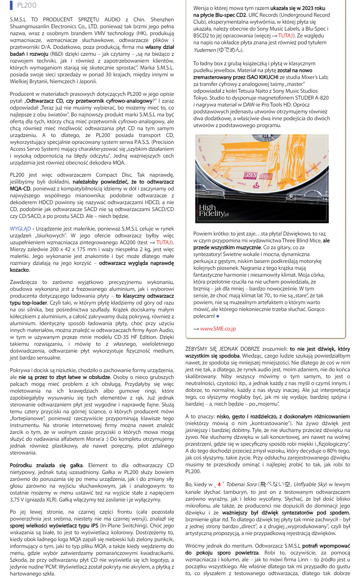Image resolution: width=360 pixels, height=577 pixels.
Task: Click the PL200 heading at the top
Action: click(x=27, y=5)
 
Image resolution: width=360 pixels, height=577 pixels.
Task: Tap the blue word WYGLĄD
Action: click(x=20, y=229)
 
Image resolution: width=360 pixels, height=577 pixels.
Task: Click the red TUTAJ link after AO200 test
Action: click(x=164, y=242)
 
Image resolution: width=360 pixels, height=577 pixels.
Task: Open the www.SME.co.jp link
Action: click(x=218, y=329)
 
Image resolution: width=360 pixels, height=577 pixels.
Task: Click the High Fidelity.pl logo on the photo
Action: click(x=214, y=211)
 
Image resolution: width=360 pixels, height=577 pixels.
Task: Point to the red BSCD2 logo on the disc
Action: click(x=250, y=175)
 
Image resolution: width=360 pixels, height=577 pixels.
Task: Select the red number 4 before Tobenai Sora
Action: click(x=219, y=484)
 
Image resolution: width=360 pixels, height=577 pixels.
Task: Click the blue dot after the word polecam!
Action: click(x=218, y=316)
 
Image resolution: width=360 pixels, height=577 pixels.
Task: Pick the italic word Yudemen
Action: click(x=204, y=50)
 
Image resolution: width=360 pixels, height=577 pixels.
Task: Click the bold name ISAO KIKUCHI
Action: click(x=263, y=77)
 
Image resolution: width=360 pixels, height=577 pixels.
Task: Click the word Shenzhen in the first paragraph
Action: click(x=162, y=19)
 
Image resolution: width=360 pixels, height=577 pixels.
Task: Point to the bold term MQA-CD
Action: click(x=20, y=189)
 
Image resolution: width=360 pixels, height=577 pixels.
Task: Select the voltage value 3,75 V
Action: click(x=19, y=500)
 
